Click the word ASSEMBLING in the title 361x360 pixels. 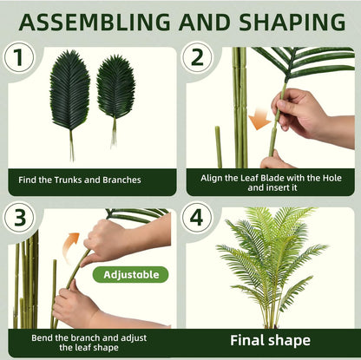[x=95, y=22]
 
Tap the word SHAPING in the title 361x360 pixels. [x=292, y=22]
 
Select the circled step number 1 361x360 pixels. [x=19, y=57]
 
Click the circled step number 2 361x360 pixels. [x=197, y=57]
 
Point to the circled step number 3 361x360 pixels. [x=19, y=218]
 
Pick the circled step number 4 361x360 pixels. [x=197, y=218]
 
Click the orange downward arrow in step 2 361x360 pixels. [x=259, y=119]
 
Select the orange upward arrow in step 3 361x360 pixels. [x=70, y=245]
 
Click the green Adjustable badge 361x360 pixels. [x=131, y=274]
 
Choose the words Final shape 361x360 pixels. [x=270, y=341]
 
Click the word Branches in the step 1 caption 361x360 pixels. [x=121, y=180]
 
